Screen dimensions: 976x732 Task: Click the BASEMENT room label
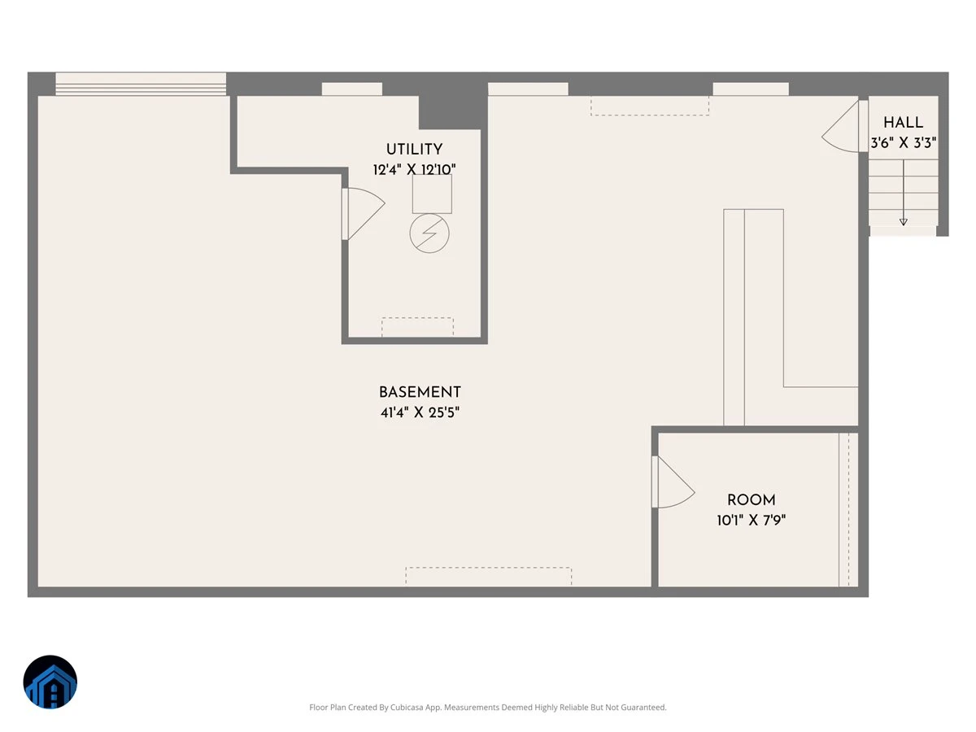(x=420, y=392)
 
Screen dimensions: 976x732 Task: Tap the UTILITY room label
(x=414, y=150)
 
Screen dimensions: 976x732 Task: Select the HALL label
(x=903, y=122)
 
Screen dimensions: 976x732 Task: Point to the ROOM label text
(x=751, y=500)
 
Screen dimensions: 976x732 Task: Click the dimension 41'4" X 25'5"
(x=420, y=412)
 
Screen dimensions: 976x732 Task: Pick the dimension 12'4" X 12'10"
(x=414, y=169)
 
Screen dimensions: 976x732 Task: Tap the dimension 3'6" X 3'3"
(x=903, y=142)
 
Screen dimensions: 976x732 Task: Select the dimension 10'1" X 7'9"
(x=751, y=520)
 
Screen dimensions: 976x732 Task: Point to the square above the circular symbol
(x=432, y=194)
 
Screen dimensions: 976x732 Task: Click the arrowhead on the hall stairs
(x=903, y=222)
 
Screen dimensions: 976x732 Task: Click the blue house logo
(x=50, y=682)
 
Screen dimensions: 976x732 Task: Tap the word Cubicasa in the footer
(x=407, y=707)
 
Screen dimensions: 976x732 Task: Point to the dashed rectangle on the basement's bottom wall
(x=488, y=576)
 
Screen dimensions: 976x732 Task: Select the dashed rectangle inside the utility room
(x=417, y=327)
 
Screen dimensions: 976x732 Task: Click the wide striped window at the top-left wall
(x=141, y=84)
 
